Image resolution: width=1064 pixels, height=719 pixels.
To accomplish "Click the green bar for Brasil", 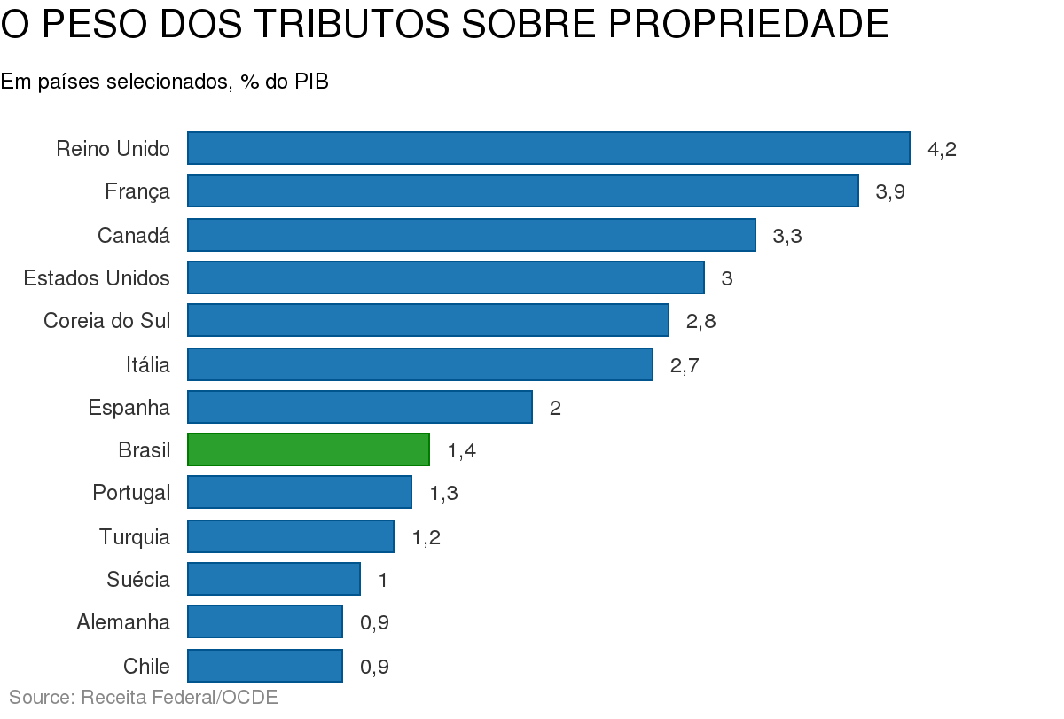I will tap(308, 449).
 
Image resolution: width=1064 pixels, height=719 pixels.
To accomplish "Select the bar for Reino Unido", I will tap(548, 148).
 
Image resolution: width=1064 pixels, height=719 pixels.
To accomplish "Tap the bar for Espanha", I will tap(359, 407).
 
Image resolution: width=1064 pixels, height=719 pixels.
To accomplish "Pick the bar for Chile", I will tap(264, 666).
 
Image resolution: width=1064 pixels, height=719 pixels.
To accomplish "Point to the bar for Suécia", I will tap(273, 579).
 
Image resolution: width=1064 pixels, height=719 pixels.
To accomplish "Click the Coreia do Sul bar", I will tap(427, 320).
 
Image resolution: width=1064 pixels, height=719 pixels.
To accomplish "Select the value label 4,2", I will tap(942, 149).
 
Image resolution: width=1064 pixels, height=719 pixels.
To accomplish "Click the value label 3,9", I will tap(890, 192).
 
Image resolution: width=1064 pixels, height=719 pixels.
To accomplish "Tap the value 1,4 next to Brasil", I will tap(461, 450).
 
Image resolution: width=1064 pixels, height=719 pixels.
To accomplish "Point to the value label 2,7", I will tap(685, 364).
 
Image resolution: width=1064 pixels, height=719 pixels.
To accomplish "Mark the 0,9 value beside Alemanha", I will tap(374, 622).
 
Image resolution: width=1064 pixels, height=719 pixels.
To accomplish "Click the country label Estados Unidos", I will tap(97, 278).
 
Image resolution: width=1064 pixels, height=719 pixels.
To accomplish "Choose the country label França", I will tap(137, 191).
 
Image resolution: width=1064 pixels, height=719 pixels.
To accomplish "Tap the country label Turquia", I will tap(134, 536).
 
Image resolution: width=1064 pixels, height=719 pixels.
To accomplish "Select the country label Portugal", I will tap(130, 492).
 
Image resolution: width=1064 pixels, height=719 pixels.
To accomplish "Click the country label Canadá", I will tap(133, 235).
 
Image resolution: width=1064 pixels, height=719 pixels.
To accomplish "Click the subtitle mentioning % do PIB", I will tap(164, 82).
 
